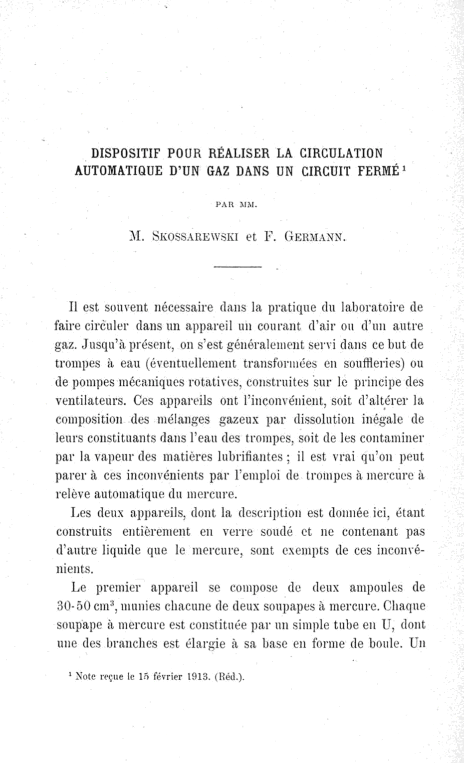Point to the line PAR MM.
click(236, 204)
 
